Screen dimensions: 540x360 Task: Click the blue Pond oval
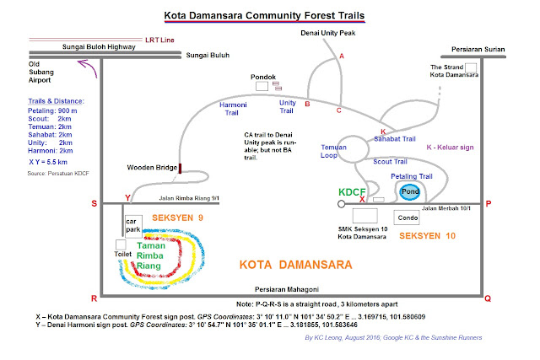click(x=410, y=192)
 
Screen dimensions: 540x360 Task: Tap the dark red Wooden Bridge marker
click(x=180, y=169)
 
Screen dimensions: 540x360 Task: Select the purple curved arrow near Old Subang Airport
click(x=88, y=67)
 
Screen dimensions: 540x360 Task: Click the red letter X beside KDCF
click(x=362, y=199)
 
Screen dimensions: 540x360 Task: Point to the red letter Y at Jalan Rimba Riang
click(x=127, y=198)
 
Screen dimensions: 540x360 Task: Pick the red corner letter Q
click(x=488, y=298)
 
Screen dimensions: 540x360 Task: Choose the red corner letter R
click(x=94, y=298)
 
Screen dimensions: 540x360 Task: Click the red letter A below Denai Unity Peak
click(x=342, y=56)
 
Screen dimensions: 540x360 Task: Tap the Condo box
click(x=407, y=218)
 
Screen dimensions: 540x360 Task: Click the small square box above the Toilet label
click(x=121, y=244)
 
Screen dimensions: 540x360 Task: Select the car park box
click(x=133, y=226)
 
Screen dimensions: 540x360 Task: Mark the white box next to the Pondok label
click(x=262, y=86)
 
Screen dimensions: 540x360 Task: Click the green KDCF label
click(x=352, y=192)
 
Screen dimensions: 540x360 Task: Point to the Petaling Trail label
click(x=412, y=176)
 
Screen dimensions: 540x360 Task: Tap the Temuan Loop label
click(x=333, y=151)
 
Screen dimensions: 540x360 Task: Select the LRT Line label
click(x=159, y=40)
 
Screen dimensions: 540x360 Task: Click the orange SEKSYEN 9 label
click(x=178, y=218)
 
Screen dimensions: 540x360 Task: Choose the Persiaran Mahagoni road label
click(x=287, y=289)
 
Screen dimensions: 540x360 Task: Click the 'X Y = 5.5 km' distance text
click(x=48, y=162)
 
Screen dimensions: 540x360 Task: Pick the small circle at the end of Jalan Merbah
click(x=341, y=204)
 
